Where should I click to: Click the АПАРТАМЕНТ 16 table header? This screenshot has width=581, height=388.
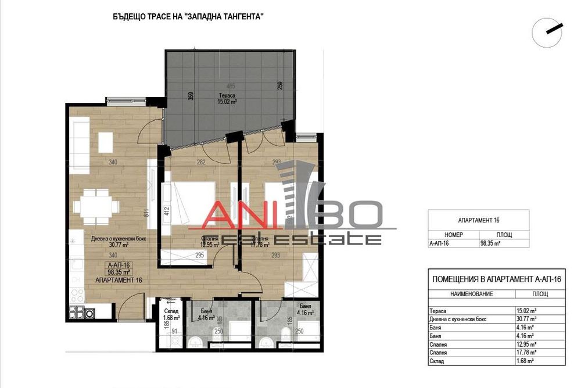click(479, 221)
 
